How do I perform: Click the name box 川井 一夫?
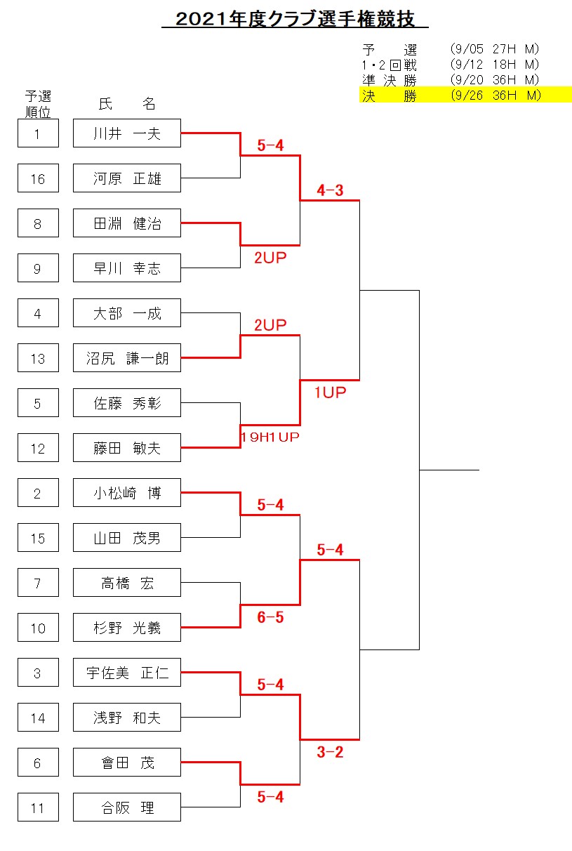point(127,133)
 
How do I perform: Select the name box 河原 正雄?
point(127,178)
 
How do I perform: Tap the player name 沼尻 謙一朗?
point(127,358)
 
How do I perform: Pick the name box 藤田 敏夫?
point(127,448)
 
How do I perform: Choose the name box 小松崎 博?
point(127,493)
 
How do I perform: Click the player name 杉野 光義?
point(127,628)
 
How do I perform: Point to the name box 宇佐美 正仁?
point(127,673)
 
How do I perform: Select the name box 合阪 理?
point(127,807)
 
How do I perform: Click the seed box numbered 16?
point(39,178)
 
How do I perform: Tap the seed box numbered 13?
point(39,358)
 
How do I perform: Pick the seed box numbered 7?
point(39,583)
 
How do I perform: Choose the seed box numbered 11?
point(39,807)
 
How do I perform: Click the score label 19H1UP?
point(270,437)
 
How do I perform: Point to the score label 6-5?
point(270,617)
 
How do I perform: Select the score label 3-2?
point(330,752)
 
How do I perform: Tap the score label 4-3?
point(330,190)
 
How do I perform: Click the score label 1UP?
point(330,392)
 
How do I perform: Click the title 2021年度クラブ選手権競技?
point(295,19)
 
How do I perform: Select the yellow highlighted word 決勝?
point(390,95)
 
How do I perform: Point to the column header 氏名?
point(127,104)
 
